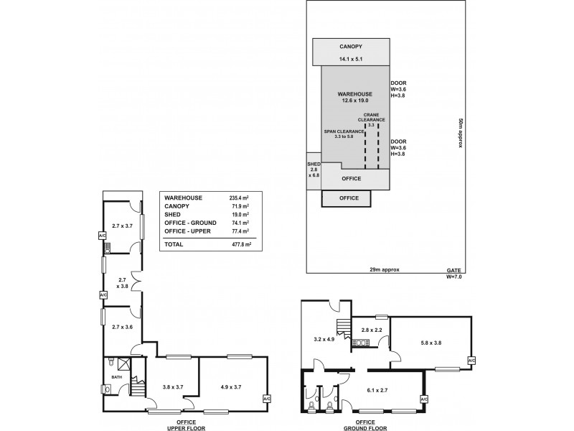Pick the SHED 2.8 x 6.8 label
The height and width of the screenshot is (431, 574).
(x=314, y=170)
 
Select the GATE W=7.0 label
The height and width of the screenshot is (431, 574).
(x=450, y=273)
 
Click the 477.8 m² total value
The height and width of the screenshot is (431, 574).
(x=239, y=244)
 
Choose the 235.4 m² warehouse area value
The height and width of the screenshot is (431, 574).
(x=238, y=198)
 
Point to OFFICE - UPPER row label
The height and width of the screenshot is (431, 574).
(x=189, y=232)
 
